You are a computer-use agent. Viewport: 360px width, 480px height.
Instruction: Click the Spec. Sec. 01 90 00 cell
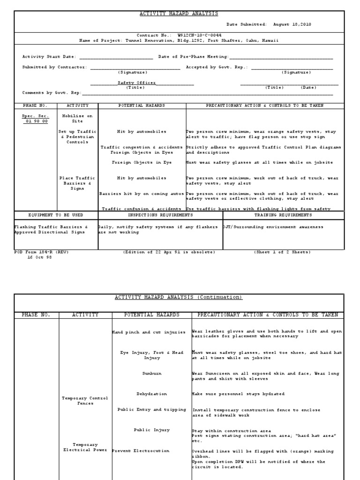[36, 118]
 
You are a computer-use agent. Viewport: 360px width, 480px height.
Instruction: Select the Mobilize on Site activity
[77, 118]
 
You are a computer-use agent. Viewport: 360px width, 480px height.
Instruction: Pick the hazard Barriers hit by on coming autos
[142, 194]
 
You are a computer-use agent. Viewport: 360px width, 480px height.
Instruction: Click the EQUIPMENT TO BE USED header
[56, 215]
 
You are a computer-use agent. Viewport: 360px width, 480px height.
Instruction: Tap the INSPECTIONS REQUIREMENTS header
[160, 215]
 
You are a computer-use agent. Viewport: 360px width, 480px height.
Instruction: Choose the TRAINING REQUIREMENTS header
[283, 215]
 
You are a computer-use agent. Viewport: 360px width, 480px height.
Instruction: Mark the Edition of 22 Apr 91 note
[169, 252]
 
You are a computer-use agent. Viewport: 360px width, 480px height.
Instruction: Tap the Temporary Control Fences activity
[85, 401]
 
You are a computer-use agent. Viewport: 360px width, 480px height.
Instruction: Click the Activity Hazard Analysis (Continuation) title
[179, 298]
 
